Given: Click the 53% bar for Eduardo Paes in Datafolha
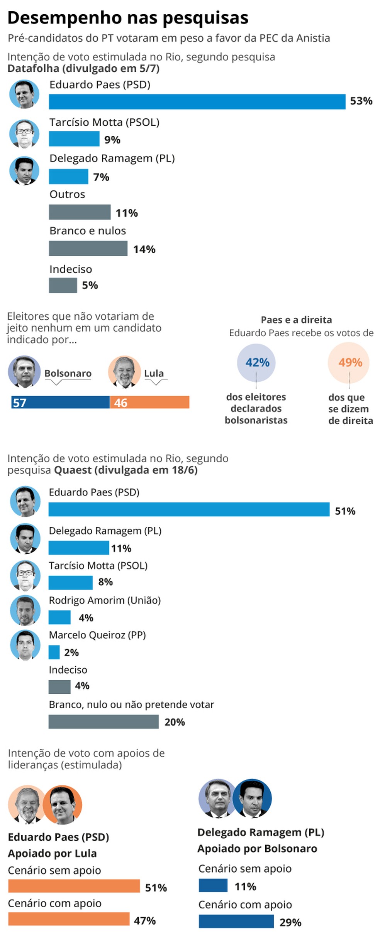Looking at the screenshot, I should pos(197,102).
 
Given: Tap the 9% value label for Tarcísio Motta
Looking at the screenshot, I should pos(112,140).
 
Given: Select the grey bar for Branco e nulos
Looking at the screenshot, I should pos(88,248).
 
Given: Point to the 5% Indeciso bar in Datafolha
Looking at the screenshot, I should pos(63,285).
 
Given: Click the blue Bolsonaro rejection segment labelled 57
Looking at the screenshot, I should pos(60,402).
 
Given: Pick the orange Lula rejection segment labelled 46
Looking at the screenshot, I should pos(150,402).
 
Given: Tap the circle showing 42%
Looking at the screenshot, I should pos(256,362).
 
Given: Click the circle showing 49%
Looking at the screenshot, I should pos(349,362).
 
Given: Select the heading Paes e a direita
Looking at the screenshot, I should pos(296,320).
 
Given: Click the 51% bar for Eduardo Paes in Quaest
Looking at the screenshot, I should pos(189,509).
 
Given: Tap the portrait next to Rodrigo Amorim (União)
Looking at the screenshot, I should pos(25,610).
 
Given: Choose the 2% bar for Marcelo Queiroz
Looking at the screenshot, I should pos(54,652).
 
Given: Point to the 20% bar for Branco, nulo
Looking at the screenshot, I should pos(103,722).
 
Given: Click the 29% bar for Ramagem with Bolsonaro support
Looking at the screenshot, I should pos(236,922).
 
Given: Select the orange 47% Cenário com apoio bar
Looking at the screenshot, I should pos(69,919).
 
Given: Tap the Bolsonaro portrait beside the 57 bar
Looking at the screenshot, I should pos(24,372).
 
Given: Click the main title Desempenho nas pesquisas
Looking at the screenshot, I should pos(128,18).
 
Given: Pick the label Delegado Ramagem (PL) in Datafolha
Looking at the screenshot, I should pos(112,158).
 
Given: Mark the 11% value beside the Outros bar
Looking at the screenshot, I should pos(127,213).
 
